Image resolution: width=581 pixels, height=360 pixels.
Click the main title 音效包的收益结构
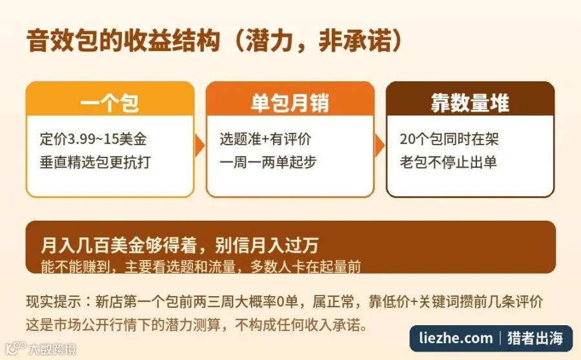point(123,41)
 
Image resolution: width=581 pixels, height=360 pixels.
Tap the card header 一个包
point(110,103)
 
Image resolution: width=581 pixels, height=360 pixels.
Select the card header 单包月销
point(290,103)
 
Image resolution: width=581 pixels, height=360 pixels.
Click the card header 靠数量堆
point(470,103)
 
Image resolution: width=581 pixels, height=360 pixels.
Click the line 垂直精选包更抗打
point(96,162)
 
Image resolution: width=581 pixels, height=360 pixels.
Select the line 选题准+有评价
point(265,139)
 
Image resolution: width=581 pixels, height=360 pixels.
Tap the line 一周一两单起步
point(268,162)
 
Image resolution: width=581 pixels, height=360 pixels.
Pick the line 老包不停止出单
point(449,162)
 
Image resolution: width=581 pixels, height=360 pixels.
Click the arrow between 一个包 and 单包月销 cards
point(199,146)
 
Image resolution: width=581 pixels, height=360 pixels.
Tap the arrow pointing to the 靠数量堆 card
point(380,146)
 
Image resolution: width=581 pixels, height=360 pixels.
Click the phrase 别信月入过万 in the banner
point(267,245)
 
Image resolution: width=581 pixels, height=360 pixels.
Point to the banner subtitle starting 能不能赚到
point(201,266)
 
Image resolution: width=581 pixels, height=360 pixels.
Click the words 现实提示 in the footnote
point(54,302)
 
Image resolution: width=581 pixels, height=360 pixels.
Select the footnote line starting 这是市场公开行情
point(197,325)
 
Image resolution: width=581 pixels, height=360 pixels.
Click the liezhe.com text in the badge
point(456,338)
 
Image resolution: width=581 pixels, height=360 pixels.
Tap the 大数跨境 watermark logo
point(40,348)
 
